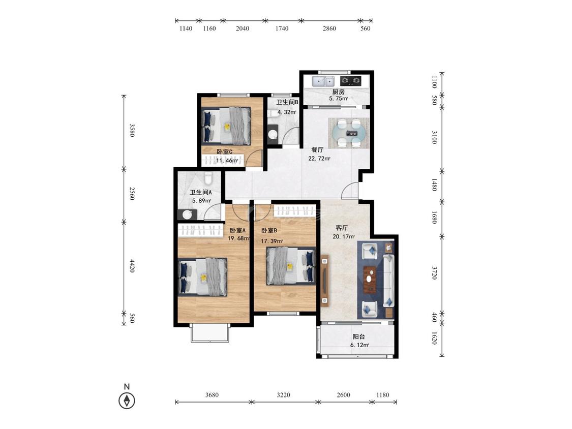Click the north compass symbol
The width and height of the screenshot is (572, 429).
[127, 401]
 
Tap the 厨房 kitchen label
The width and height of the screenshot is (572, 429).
[338, 92]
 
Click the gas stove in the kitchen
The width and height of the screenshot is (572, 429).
[350, 80]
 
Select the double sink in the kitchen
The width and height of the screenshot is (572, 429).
[323, 80]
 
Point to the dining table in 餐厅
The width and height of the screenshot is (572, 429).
[349, 133]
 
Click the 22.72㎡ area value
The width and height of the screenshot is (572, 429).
[319, 158]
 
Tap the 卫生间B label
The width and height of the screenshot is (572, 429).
[287, 103]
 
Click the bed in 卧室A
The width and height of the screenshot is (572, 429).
[203, 277]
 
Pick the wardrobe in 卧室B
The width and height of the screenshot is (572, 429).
[295, 211]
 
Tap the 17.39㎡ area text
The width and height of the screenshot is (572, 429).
[272, 241]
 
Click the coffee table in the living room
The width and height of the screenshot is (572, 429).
[370, 280]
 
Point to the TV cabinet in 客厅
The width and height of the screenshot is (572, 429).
[325, 281]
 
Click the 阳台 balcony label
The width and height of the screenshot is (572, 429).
[358, 336]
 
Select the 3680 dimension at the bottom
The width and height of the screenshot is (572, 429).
[212, 395]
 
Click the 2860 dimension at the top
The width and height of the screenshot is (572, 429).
[329, 28]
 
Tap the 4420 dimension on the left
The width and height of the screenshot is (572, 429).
[132, 266]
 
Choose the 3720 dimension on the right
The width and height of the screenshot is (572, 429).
[434, 273]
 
